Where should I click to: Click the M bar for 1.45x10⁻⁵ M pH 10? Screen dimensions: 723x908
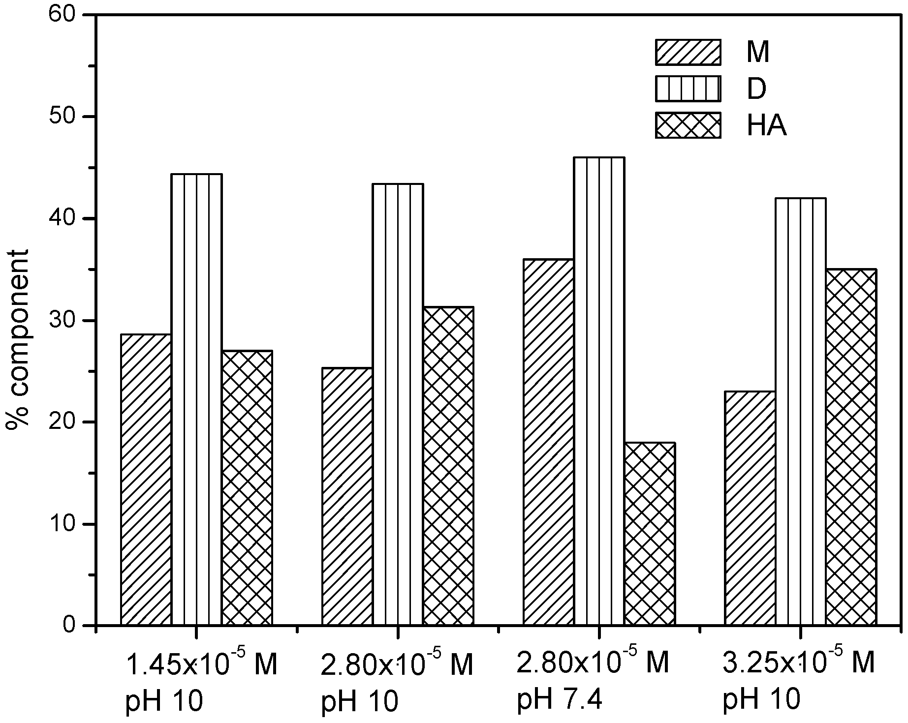(x=146, y=480)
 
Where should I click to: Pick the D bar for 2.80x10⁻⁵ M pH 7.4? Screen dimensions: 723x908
(x=599, y=391)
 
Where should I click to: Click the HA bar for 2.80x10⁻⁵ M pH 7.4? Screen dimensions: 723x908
(x=650, y=534)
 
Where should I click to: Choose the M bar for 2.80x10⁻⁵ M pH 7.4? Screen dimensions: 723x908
(x=549, y=442)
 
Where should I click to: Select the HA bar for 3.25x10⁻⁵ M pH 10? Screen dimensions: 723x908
(x=851, y=447)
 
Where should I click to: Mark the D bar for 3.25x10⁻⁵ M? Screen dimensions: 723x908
(x=801, y=411)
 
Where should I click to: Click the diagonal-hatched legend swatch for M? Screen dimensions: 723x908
(x=688, y=52)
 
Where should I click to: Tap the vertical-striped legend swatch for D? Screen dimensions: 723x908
(x=688, y=89)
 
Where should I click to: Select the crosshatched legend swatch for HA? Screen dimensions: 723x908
(x=688, y=125)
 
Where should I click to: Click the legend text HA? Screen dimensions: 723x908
(x=766, y=126)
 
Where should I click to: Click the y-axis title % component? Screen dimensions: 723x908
(x=18, y=339)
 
